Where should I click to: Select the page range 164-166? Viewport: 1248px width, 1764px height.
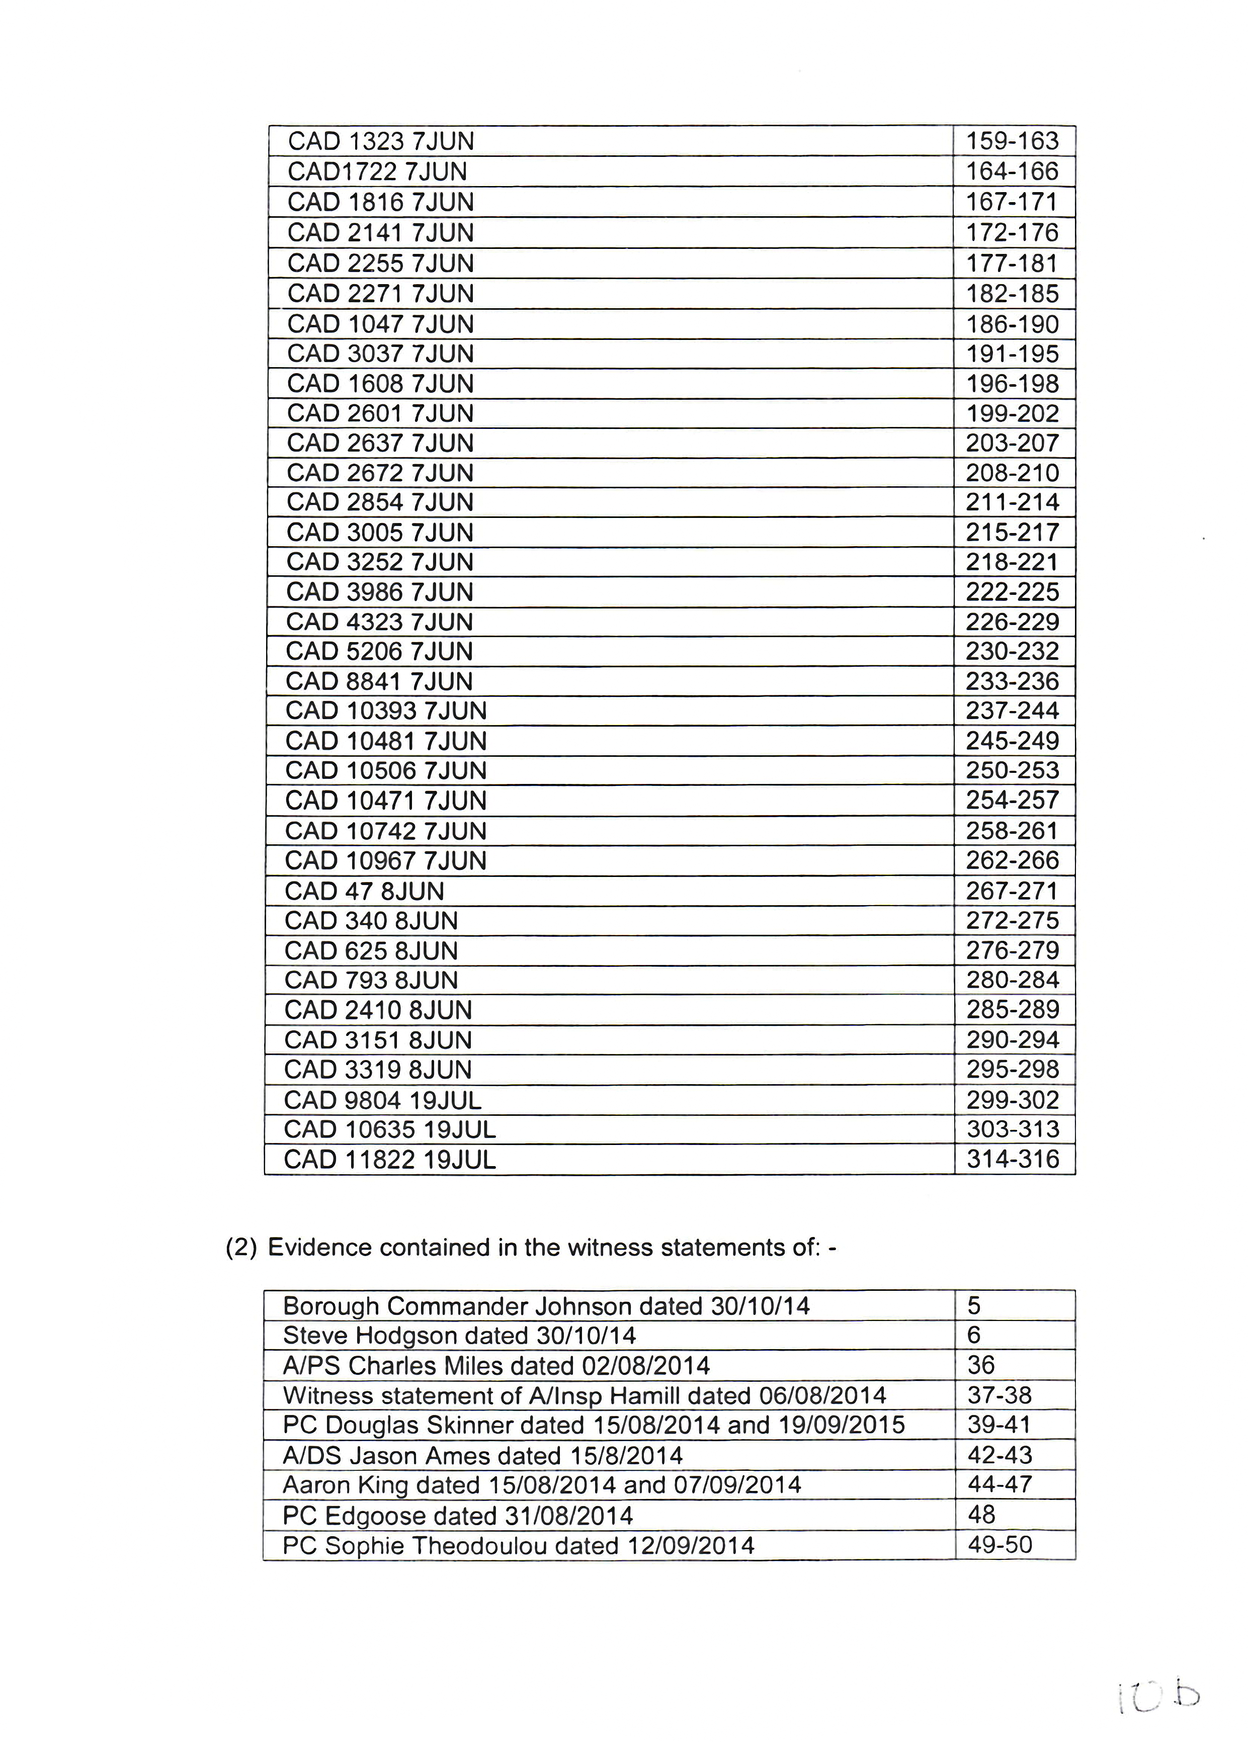pos(1012,171)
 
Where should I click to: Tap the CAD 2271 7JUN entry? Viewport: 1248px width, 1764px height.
pos(380,294)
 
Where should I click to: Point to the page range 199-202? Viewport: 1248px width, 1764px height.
pos(1012,413)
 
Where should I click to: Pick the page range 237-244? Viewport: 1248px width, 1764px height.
pos(1012,711)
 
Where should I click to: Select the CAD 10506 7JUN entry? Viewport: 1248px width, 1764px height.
pos(386,770)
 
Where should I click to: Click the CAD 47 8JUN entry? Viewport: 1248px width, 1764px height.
pos(364,891)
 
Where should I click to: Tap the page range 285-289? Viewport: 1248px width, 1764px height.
pos(1012,1010)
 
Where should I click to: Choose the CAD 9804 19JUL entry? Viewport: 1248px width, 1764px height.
pos(382,1100)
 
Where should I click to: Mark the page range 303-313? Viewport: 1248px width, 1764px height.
pos(1012,1129)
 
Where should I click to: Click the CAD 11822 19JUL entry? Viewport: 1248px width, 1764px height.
pos(390,1160)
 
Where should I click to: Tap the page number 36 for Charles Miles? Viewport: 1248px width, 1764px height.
pos(981,1365)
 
